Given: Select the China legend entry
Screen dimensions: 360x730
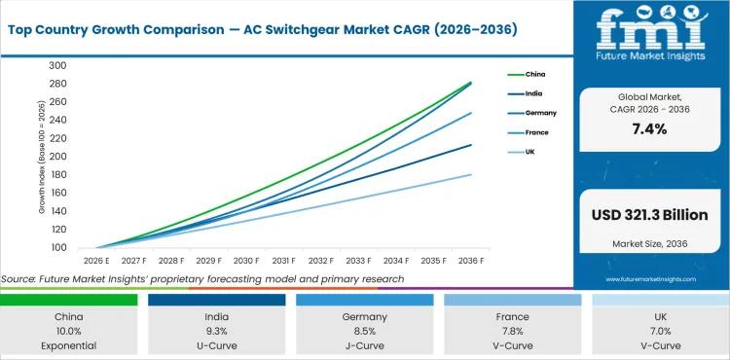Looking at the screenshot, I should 534,74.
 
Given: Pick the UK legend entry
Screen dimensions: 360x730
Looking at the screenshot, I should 530,152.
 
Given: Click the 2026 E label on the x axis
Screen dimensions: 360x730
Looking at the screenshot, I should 95,261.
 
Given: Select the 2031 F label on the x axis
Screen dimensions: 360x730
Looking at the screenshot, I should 283,261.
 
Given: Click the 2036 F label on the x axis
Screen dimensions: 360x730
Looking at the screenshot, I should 471,261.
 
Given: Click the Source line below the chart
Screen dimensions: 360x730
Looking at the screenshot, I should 202,279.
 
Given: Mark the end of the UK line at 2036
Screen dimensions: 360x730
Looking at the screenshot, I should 471,175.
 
